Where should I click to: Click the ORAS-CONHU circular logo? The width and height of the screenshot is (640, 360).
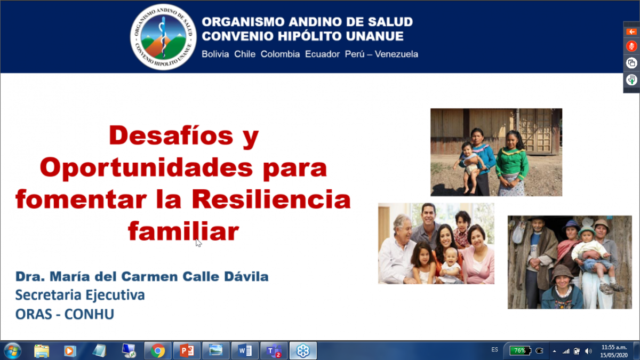pyautogui.click(x=163, y=37)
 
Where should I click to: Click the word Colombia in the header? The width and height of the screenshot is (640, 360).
pyautogui.click(x=280, y=54)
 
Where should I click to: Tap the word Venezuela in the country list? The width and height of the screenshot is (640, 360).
pyautogui.click(x=396, y=54)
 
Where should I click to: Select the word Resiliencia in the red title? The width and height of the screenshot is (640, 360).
pyautogui.click(x=271, y=199)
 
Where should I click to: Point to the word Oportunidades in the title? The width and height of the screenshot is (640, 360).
pyautogui.click(x=147, y=167)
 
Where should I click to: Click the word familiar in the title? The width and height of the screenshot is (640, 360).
pyautogui.click(x=183, y=231)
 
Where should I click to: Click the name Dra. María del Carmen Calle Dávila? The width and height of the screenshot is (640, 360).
pyautogui.click(x=142, y=276)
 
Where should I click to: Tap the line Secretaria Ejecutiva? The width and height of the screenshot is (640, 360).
pyautogui.click(x=80, y=295)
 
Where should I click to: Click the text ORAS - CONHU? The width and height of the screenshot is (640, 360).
pyautogui.click(x=65, y=314)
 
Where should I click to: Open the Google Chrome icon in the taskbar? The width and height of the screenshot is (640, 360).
pyautogui.click(x=158, y=350)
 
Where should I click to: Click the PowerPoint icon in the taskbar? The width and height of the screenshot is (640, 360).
pyautogui.click(x=187, y=350)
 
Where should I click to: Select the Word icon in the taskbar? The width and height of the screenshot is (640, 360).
pyautogui.click(x=245, y=350)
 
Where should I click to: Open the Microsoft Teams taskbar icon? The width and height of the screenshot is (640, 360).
pyautogui.click(x=274, y=350)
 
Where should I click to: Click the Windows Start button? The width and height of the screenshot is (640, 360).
pyautogui.click(x=13, y=350)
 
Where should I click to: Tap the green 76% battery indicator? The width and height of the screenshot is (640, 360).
pyautogui.click(x=520, y=350)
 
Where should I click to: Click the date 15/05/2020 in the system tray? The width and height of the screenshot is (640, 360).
pyautogui.click(x=614, y=355)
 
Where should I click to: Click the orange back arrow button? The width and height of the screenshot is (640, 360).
pyautogui.click(x=631, y=31)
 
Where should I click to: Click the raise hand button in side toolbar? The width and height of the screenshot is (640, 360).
pyautogui.click(x=631, y=79)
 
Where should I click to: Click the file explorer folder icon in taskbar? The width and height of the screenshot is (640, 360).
pyautogui.click(x=42, y=351)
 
